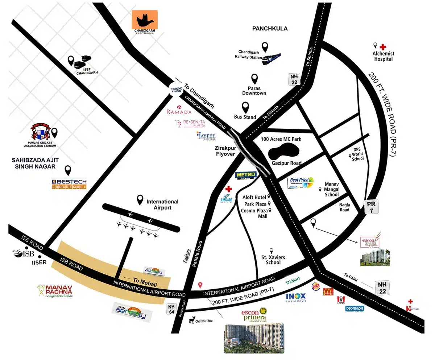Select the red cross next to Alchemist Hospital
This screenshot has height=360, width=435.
(x=383, y=47)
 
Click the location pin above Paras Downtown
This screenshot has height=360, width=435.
(x=254, y=79)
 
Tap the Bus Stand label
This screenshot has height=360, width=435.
(x=245, y=117)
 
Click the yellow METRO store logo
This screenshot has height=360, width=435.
(x=246, y=175)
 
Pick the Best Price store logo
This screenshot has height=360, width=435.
(x=301, y=182)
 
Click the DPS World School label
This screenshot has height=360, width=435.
(x=358, y=154)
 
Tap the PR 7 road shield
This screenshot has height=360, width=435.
(x=372, y=207)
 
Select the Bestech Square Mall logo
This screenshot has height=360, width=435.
(x=69, y=184)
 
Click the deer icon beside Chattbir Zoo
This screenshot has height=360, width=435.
(x=192, y=320)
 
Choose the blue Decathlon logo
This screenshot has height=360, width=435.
(x=355, y=308)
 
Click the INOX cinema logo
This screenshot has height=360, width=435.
(x=296, y=297)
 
